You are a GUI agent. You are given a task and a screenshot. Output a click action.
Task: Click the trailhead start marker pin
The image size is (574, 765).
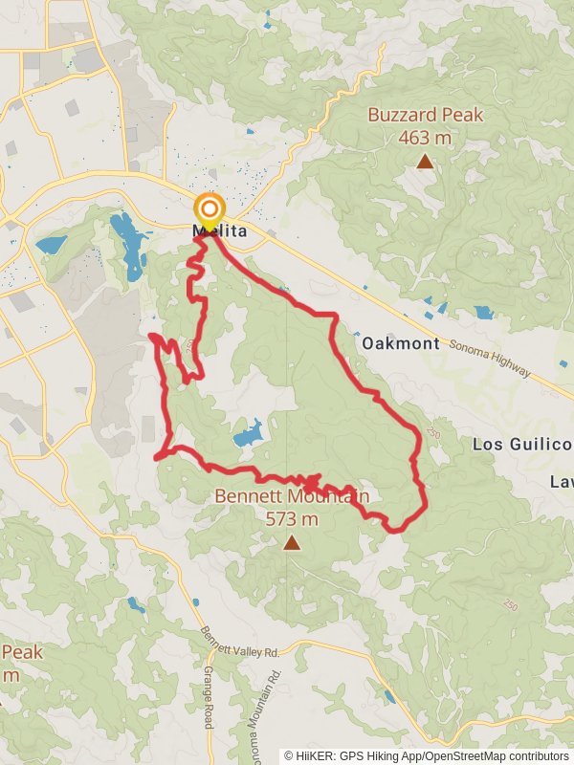point(209,208)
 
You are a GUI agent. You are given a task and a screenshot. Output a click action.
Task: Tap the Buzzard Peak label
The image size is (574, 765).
point(426,116)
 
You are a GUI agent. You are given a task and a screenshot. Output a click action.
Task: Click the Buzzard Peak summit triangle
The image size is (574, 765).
point(425,162)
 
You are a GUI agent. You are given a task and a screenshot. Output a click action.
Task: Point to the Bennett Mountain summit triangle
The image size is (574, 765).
point(291,543)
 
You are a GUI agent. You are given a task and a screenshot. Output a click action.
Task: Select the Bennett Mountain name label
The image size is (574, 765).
point(291,496)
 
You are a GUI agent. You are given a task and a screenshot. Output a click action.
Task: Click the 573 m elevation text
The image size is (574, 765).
point(291,519)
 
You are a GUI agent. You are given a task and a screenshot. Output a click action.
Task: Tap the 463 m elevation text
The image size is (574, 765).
point(425,138)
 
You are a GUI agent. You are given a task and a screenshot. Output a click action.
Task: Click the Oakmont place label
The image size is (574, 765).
point(401,343)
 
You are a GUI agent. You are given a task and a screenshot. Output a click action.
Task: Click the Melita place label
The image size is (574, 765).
point(220,232)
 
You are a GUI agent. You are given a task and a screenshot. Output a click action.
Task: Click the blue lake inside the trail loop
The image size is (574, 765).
point(248,435)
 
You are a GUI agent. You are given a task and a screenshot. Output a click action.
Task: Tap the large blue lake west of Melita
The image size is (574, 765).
point(126,245)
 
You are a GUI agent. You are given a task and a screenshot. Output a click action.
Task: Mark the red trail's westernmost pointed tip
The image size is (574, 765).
point(152,336)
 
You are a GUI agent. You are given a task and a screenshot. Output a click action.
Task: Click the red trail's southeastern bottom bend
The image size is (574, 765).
point(397,527)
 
